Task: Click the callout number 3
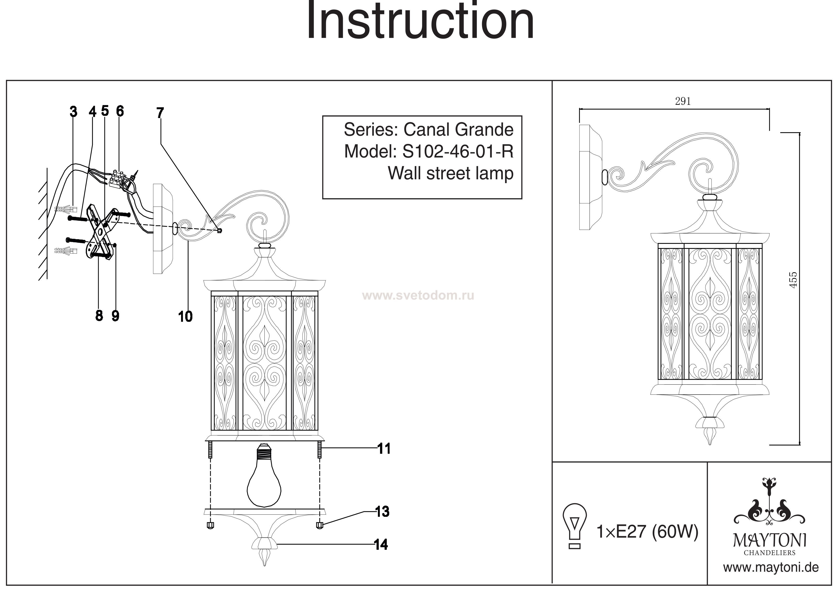click(x=73, y=112)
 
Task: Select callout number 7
click(x=160, y=113)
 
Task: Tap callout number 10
click(x=185, y=316)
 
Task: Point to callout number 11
click(x=384, y=449)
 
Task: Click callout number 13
click(x=382, y=512)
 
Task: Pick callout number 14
click(x=381, y=545)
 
